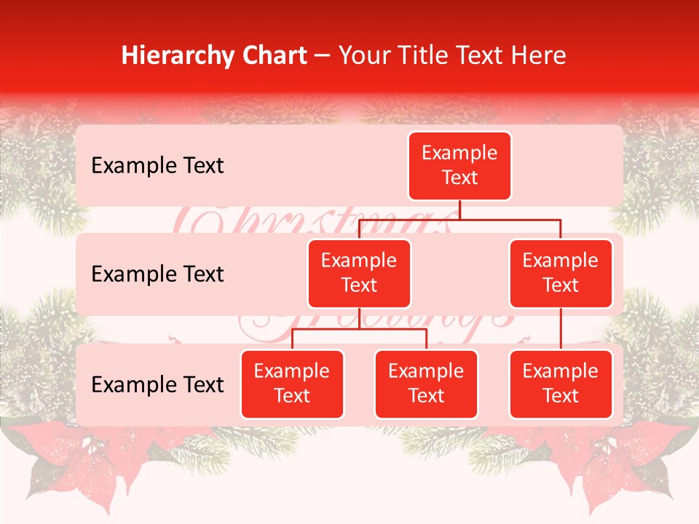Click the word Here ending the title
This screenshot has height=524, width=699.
point(537,56)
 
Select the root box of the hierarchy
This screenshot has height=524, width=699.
point(459,166)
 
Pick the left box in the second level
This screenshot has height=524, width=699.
point(359,274)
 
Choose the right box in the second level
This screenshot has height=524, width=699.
point(561,274)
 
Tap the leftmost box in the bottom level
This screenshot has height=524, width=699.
point(292,384)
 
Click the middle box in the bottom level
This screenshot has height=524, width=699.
point(426,384)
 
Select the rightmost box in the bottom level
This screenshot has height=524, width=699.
point(561,384)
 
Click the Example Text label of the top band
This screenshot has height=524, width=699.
point(157,166)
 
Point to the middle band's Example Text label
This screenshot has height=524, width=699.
point(157,274)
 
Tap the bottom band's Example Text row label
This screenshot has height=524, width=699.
point(157,384)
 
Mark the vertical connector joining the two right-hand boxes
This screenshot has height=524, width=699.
point(561,329)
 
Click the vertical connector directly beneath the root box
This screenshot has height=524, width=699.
point(459,210)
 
